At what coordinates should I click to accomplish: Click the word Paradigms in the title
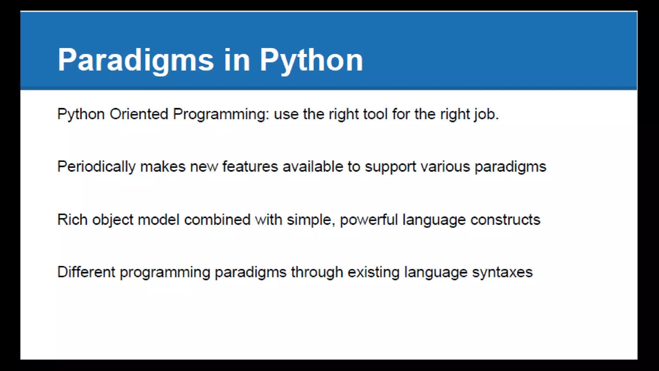pos(135,60)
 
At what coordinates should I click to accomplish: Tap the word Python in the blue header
pos(311,60)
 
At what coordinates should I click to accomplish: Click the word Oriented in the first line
pos(139,114)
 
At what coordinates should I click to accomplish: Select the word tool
pos(375,114)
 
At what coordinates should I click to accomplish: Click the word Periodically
pos(96,167)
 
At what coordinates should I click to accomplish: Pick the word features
pos(250,167)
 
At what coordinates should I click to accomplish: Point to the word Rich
pos(72,220)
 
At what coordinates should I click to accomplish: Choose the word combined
pos(217,220)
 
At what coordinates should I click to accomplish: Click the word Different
pos(86,272)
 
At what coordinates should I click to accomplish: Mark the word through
pos(317,272)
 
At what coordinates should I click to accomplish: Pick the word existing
pos(373,272)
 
